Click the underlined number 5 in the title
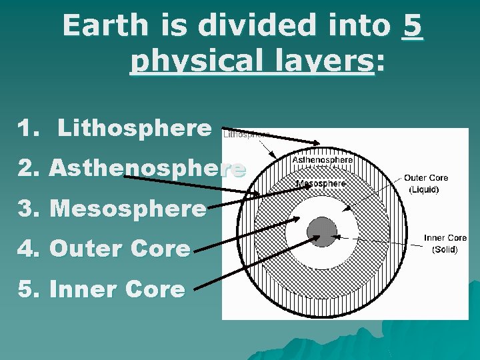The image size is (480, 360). pos(413,27)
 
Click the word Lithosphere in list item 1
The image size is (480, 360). pos(134,128)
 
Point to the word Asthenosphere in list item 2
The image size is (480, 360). pos(147,168)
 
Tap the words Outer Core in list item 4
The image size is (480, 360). pos(120,249)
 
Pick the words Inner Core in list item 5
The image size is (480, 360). pos(117,289)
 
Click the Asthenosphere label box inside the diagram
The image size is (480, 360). pos(323,161)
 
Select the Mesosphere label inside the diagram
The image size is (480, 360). pos(321,183)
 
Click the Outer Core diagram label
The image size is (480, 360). pos(425,178)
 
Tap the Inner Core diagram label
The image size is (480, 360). pos(445,238)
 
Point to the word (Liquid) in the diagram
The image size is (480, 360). pos(424,189)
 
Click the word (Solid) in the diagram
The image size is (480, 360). pos(445,249)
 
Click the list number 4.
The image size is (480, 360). pos(27,249)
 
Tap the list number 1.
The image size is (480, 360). pos(27,128)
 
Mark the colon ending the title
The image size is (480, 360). pos(380,63)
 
